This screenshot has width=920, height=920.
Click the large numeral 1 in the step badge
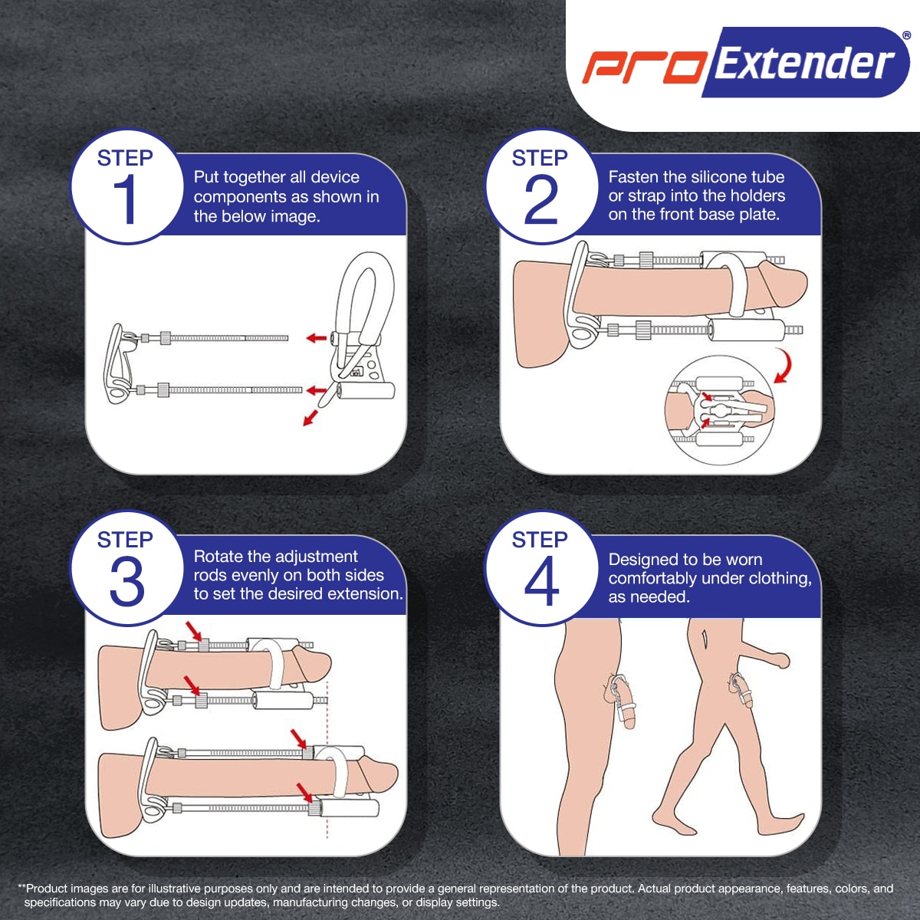pos(125,199)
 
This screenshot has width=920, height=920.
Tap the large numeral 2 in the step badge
pos(541,199)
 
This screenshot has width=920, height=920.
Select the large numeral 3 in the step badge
pos(127,581)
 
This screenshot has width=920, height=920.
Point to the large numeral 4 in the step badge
pos(541,581)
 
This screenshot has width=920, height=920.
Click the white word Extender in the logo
pos(804,63)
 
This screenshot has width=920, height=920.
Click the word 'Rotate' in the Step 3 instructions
pos(219,557)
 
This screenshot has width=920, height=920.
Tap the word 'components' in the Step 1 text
pos(238,198)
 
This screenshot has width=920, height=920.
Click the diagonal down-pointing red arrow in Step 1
pos(310,418)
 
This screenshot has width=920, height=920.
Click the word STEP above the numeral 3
pos(125,540)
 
